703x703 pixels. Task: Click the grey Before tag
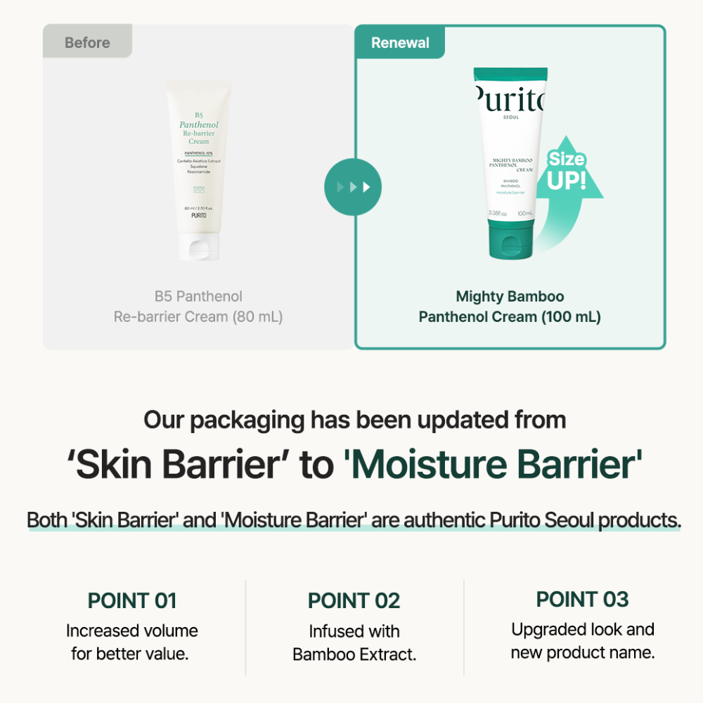tap(87, 43)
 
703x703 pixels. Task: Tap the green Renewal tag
tap(400, 43)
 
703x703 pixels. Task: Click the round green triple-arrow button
tap(352, 188)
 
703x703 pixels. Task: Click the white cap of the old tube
tap(198, 247)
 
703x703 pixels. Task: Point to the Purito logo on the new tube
tap(510, 102)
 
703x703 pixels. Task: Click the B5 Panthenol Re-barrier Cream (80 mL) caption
tap(198, 307)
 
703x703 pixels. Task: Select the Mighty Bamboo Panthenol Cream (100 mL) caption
tap(510, 307)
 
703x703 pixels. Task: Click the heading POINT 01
tap(131, 601)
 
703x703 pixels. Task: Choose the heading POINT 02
tap(354, 601)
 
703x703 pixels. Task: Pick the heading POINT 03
tap(582, 600)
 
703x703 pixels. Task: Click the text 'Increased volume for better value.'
tap(131, 642)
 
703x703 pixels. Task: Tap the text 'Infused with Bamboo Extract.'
tap(354, 643)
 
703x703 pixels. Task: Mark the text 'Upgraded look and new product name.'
tap(582, 640)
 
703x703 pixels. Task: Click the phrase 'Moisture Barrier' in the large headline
tap(493, 466)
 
